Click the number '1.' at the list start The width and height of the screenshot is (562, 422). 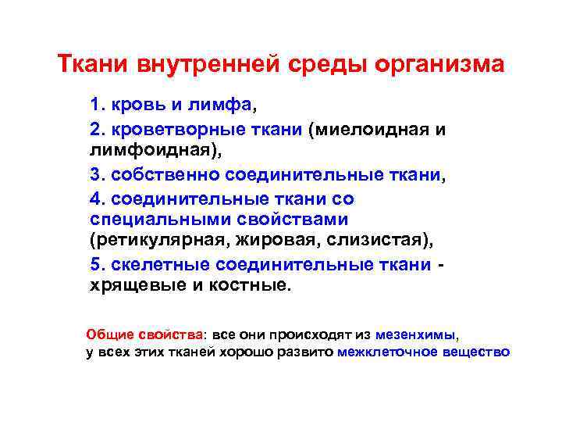(x=98, y=104)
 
